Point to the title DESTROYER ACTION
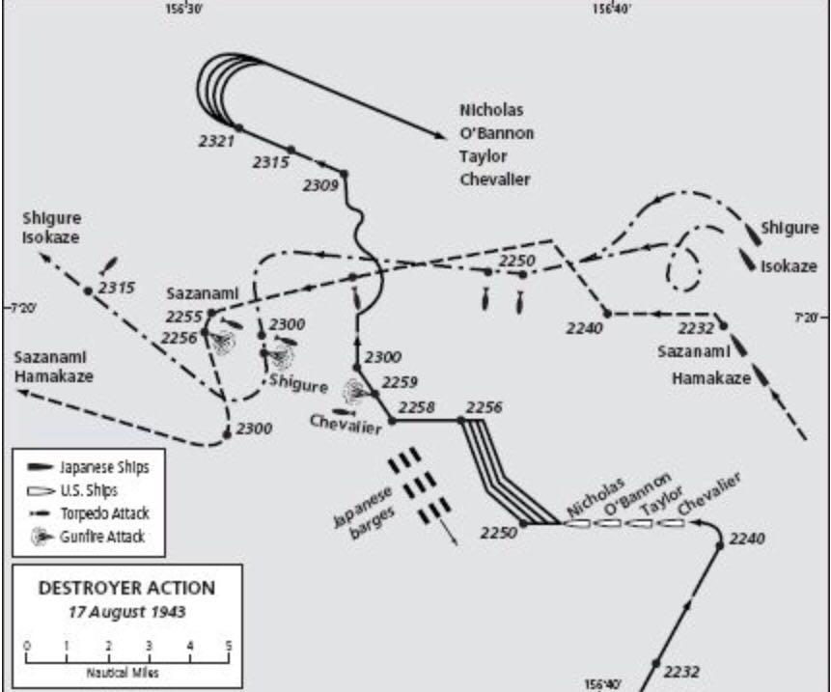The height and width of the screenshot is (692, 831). (126, 588)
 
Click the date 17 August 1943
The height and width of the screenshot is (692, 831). (126, 611)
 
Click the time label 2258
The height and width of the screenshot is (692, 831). (417, 407)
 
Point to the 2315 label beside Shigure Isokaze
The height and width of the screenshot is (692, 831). (117, 288)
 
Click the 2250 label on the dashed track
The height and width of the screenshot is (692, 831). (516, 260)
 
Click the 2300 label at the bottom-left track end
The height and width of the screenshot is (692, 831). (255, 428)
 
